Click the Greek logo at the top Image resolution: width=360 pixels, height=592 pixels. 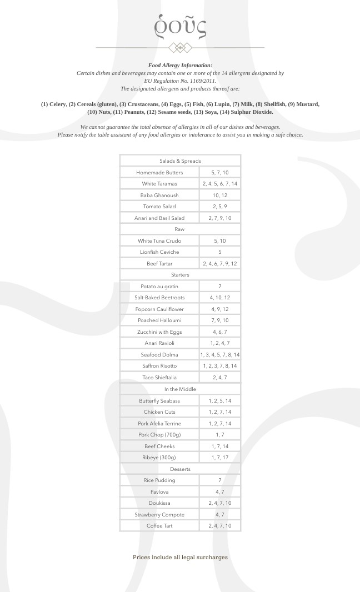tap(180, 25)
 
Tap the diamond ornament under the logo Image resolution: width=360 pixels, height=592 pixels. tap(180, 48)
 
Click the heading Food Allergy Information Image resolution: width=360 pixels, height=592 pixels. tap(180, 66)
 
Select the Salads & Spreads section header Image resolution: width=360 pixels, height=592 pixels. tap(180, 161)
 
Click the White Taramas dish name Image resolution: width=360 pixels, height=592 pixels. tap(159, 184)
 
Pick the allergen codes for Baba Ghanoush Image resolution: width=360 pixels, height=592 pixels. tap(219, 195)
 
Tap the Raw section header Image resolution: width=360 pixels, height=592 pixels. tap(180, 229)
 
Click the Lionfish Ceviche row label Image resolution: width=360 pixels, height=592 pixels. tap(159, 252)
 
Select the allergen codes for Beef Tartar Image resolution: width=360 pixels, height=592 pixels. tap(219, 264)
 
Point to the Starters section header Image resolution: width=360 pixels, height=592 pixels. tap(180, 275)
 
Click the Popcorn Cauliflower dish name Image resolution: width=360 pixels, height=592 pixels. tap(159, 309)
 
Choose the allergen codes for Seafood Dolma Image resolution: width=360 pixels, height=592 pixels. tap(219, 355)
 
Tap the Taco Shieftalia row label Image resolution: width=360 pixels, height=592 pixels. tap(159, 378)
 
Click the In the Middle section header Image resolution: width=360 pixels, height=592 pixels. tap(180, 389)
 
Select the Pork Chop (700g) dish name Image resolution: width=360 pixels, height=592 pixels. tap(159, 435)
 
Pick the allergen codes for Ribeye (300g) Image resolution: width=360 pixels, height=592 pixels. tap(219, 458)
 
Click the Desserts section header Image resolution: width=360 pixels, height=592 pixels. tap(180, 469)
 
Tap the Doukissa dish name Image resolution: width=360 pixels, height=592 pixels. tap(159, 503)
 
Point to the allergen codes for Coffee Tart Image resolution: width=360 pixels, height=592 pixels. tap(219, 526)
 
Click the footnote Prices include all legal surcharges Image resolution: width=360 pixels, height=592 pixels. tap(180, 557)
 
